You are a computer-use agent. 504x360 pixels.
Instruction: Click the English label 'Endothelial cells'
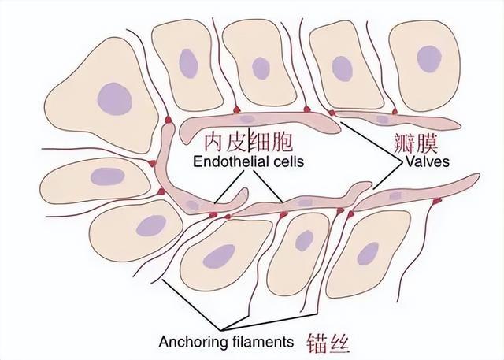[x=249, y=161]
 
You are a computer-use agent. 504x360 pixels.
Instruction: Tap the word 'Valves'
[x=428, y=161]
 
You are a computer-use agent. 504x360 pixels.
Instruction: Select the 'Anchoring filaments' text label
[x=226, y=342]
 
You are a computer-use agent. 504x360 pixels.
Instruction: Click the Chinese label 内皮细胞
[x=249, y=142]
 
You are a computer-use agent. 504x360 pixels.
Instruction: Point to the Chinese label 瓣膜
[x=416, y=144]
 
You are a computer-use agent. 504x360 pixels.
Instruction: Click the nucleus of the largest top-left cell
[x=115, y=98]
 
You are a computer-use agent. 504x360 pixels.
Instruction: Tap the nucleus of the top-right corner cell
[x=428, y=59]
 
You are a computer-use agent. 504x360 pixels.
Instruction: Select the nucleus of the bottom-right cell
[x=368, y=254]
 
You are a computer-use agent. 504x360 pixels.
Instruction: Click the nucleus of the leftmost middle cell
[x=107, y=176]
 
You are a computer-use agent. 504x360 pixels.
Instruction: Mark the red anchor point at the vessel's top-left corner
[x=168, y=120]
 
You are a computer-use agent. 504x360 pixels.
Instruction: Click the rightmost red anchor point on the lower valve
[x=436, y=201]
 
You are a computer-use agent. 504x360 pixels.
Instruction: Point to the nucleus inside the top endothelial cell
[x=246, y=119]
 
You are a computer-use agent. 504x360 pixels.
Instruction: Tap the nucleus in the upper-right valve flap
[x=383, y=120]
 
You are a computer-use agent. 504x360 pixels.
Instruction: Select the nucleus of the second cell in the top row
[x=188, y=63]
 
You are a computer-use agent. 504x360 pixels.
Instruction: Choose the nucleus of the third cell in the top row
[x=261, y=69]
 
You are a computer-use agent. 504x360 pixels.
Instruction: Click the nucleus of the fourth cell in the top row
[x=343, y=69]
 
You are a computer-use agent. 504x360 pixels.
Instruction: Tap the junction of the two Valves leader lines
[x=402, y=161]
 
